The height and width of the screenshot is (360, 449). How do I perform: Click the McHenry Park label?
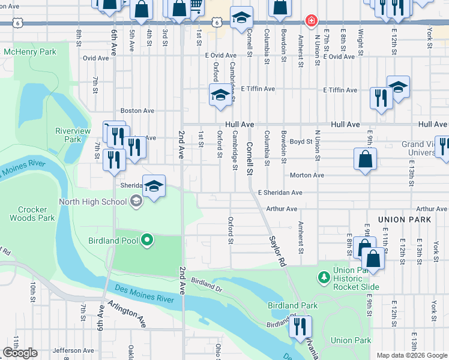pyautogui.click(x=30, y=52)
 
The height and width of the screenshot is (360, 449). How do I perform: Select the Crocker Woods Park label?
pyautogui.click(x=32, y=214)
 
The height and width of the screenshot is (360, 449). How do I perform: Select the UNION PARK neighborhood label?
pyautogui.click(x=405, y=220)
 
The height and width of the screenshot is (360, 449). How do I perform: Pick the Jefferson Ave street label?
pyautogui.click(x=73, y=350)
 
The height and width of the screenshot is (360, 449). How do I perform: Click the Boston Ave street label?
pyautogui.click(x=137, y=110)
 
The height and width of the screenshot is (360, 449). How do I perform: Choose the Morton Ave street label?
pyautogui.click(x=307, y=175)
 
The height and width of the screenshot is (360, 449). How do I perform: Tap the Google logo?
pyautogui.click(x=20, y=353)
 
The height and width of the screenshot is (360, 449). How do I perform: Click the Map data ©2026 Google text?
pyautogui.click(x=411, y=355)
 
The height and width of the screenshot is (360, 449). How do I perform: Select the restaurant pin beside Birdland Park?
pyautogui.click(x=300, y=326)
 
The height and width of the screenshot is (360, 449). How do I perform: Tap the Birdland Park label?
pyautogui.click(x=292, y=305)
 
